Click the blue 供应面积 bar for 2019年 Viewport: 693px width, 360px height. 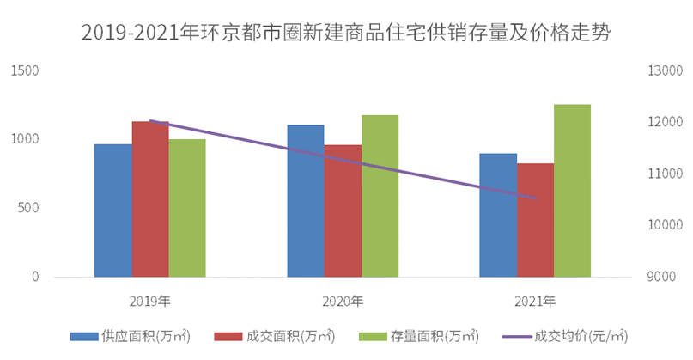(113, 211)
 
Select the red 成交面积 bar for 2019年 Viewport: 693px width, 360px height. (150, 199)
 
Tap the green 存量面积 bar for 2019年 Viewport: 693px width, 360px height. (187, 208)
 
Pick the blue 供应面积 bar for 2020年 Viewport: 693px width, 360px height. (306, 201)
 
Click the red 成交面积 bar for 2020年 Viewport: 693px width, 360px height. (343, 211)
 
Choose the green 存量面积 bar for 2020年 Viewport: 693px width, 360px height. (380, 196)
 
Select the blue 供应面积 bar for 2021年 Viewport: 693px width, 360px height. (498, 215)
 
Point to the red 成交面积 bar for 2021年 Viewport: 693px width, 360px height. (535, 220)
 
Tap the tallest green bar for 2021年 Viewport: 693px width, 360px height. (572, 191)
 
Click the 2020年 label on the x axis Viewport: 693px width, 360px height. (343, 302)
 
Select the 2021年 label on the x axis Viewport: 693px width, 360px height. (535, 302)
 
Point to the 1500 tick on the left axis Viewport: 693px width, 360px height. (26, 70)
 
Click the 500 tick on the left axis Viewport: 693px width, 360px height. (29, 208)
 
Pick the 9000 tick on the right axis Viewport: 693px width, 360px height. (661, 277)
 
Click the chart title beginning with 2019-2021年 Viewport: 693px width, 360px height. (346, 32)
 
